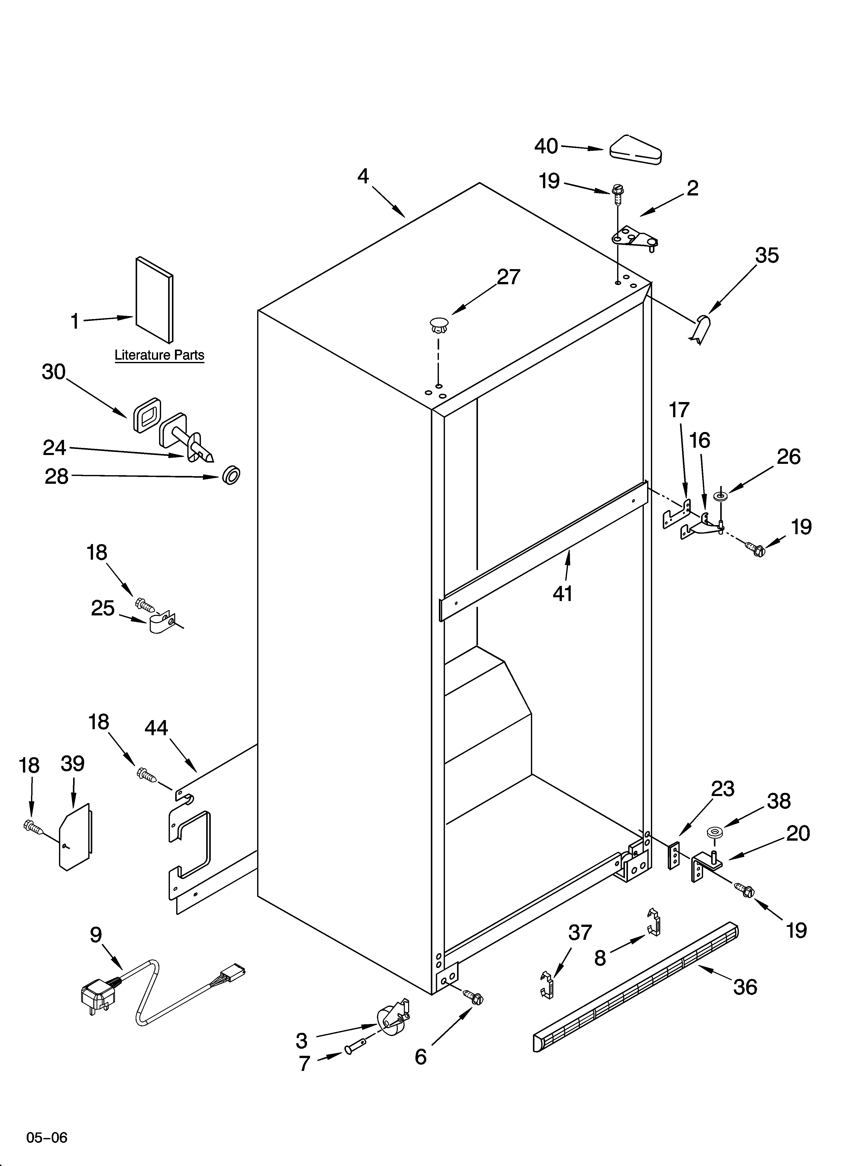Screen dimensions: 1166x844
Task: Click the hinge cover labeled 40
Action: point(635,151)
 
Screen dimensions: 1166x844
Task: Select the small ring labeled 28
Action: point(231,475)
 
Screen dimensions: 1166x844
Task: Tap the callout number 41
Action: point(562,594)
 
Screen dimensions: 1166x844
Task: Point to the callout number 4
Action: point(363,176)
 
